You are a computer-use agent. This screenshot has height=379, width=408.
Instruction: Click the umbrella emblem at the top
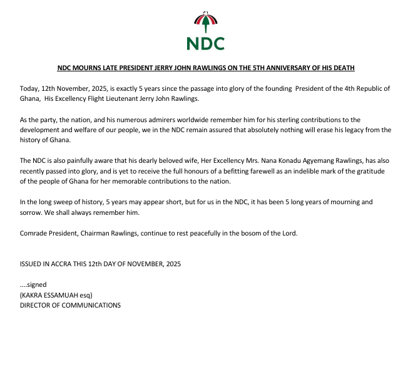pos(205,23)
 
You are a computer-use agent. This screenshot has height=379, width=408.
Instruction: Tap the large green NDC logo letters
pos(205,43)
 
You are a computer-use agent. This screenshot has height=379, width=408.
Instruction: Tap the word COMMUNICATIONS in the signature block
pos(88,305)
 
